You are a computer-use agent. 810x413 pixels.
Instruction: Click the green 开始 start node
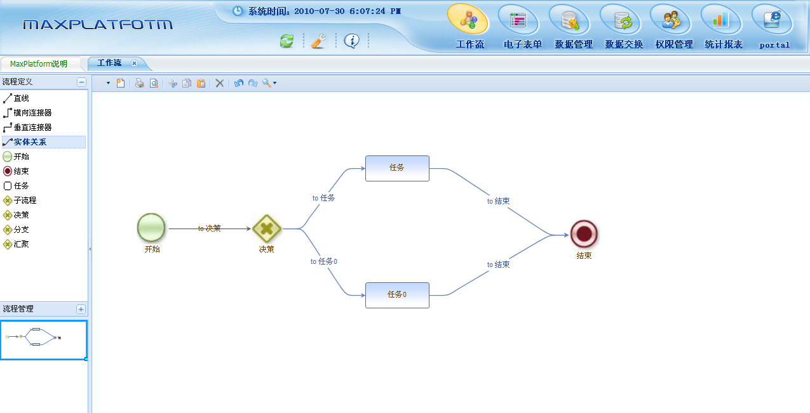click(x=151, y=228)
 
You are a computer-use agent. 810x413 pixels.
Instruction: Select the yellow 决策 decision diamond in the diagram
click(x=267, y=228)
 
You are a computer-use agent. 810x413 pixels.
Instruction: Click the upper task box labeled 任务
click(x=397, y=168)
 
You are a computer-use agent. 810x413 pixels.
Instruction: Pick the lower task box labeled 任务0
click(x=397, y=295)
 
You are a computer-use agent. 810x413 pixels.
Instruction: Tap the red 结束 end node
click(x=584, y=234)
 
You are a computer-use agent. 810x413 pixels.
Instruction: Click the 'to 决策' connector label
click(x=210, y=228)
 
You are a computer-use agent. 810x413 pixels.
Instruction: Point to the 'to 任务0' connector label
click(x=324, y=261)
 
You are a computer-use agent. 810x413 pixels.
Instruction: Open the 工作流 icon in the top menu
click(x=468, y=20)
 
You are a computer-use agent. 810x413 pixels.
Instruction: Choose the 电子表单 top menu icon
click(x=518, y=20)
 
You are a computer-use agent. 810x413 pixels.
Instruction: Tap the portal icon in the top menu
click(x=772, y=20)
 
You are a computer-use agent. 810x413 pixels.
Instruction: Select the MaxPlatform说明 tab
click(x=39, y=63)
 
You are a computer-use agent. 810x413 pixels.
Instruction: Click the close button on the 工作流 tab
click(x=134, y=63)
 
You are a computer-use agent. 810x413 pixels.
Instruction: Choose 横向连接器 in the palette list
click(x=32, y=113)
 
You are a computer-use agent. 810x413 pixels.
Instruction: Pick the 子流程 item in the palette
click(x=25, y=200)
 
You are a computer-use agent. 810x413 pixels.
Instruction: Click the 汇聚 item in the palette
click(x=22, y=244)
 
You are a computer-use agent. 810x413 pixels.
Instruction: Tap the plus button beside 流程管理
click(x=81, y=309)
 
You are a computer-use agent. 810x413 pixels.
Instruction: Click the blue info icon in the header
click(x=351, y=41)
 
